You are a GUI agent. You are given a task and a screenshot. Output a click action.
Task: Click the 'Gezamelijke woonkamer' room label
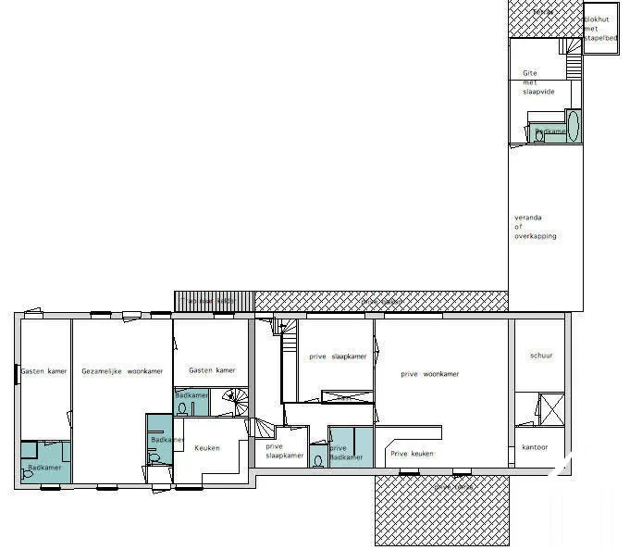tap(122, 370)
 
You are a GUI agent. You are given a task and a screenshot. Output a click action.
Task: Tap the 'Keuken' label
tap(207, 448)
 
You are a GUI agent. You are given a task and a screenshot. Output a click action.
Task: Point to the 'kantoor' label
tap(536, 447)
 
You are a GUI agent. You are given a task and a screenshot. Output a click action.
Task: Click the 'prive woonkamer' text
tap(429, 374)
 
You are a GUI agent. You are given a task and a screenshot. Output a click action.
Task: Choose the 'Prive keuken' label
tap(412, 454)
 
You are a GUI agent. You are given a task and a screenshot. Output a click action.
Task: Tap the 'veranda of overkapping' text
tap(536, 227)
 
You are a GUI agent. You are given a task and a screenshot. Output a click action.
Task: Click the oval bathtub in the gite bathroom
tap(573, 126)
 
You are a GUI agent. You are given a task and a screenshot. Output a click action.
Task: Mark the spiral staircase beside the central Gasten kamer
tap(236, 400)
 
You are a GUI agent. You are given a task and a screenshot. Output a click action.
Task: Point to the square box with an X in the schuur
tap(550, 408)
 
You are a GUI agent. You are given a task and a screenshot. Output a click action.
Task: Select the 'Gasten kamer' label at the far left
tap(43, 370)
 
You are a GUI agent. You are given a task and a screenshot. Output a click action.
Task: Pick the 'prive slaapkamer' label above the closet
tap(339, 356)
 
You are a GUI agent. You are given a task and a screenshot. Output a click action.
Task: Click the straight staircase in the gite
tap(573, 41)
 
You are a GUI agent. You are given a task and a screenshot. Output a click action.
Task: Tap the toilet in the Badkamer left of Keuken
tap(153, 456)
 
